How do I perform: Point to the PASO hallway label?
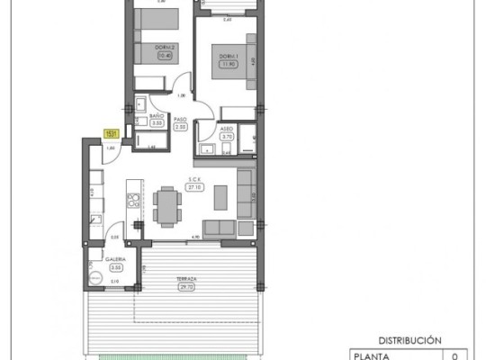click(179, 118)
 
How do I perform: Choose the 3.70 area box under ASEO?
click(226, 136)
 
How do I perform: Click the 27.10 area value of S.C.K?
click(194, 188)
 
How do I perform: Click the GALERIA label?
click(114, 258)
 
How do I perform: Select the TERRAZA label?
click(186, 279)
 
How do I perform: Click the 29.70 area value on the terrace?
click(186, 287)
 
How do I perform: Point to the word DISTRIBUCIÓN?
click(411, 341)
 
